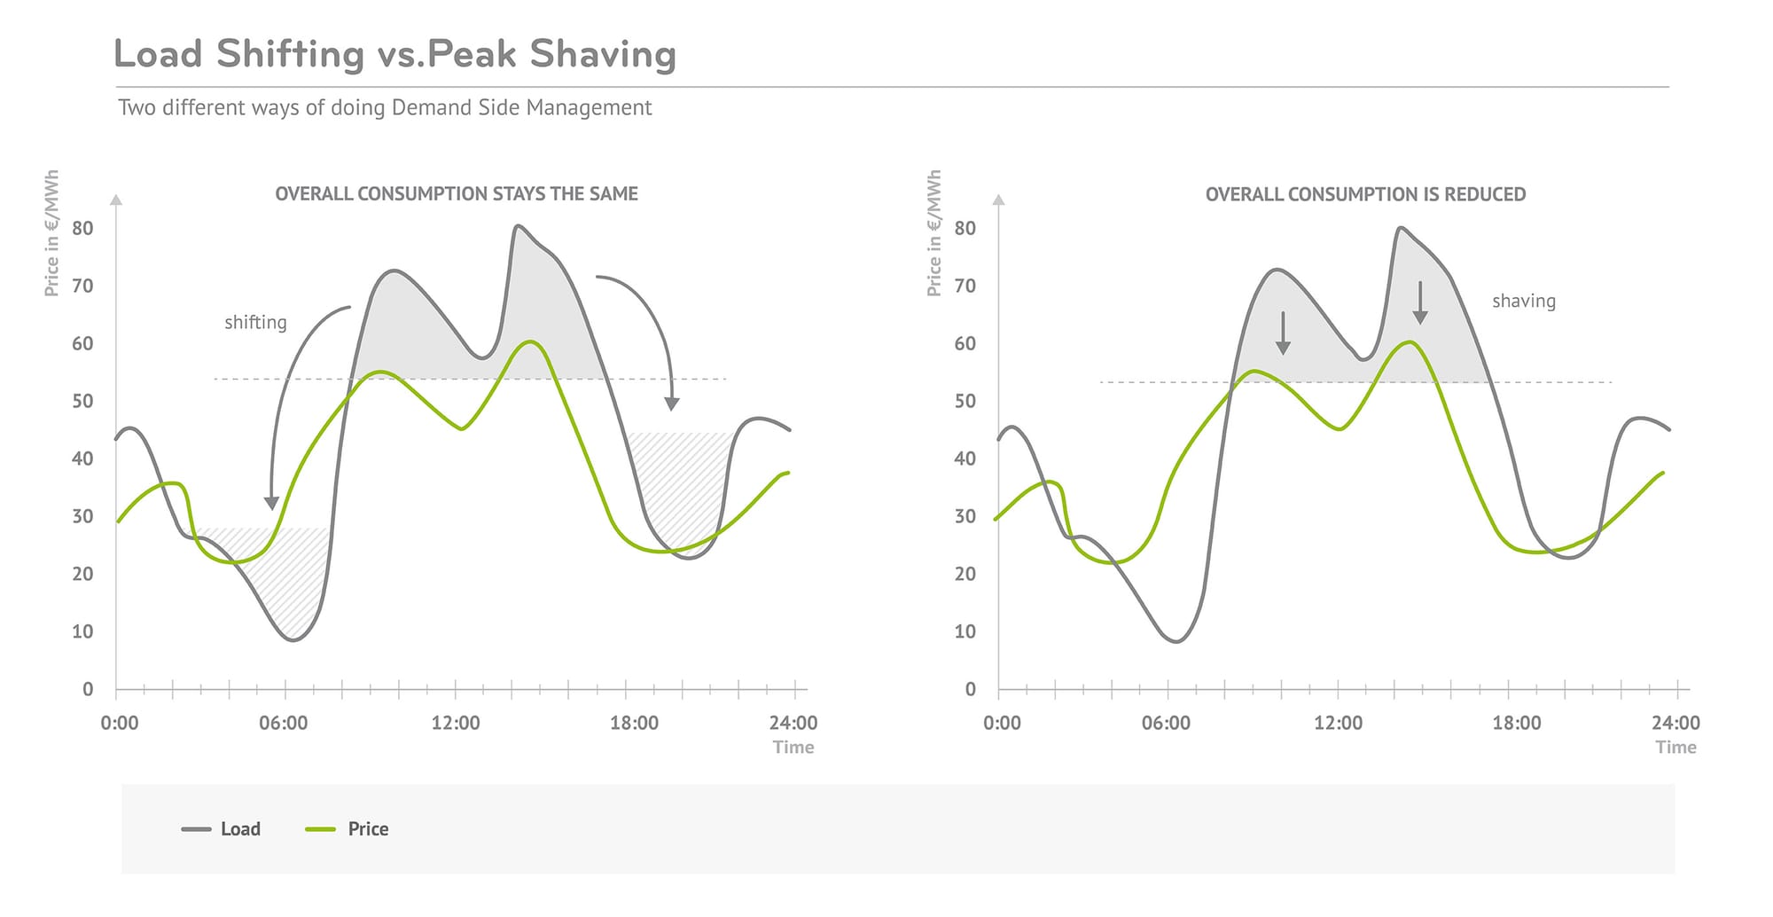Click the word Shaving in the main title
coord(603,55)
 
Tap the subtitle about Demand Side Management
coord(385,108)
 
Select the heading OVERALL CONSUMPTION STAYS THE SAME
coord(456,193)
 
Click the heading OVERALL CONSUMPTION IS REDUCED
coord(1365,194)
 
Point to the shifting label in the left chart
coord(255,323)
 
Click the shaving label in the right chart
coord(1523,302)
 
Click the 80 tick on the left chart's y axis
coord(82,229)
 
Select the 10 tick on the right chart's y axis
coord(965,632)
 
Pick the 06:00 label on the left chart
coord(283,724)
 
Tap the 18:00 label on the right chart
coord(1516,724)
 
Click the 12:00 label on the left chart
coord(456,724)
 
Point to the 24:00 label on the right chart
coord(1675,724)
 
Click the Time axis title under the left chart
coord(793,748)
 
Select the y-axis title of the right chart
coord(933,233)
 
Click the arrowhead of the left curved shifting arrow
coord(271,503)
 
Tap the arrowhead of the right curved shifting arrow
coord(672,404)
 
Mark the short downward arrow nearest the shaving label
coord(1419,304)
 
